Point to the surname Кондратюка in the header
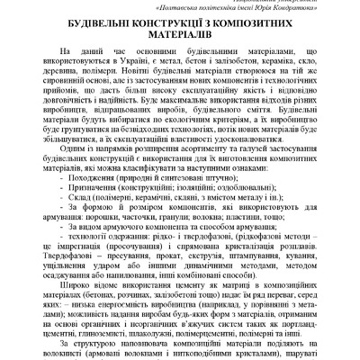(x=270, y=10)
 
